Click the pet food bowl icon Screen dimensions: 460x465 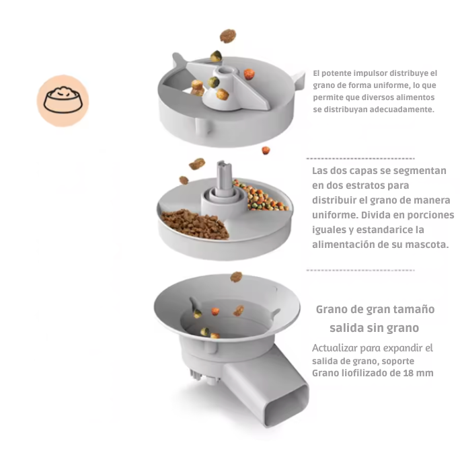(x=63, y=100)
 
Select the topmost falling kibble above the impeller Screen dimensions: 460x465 (x=227, y=36)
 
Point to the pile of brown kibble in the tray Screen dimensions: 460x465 (x=195, y=224)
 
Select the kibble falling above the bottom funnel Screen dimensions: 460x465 (x=236, y=277)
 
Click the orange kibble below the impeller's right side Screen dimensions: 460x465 (x=266, y=151)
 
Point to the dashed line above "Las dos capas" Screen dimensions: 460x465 (x=360, y=159)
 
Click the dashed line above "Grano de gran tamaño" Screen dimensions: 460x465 (x=360, y=270)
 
